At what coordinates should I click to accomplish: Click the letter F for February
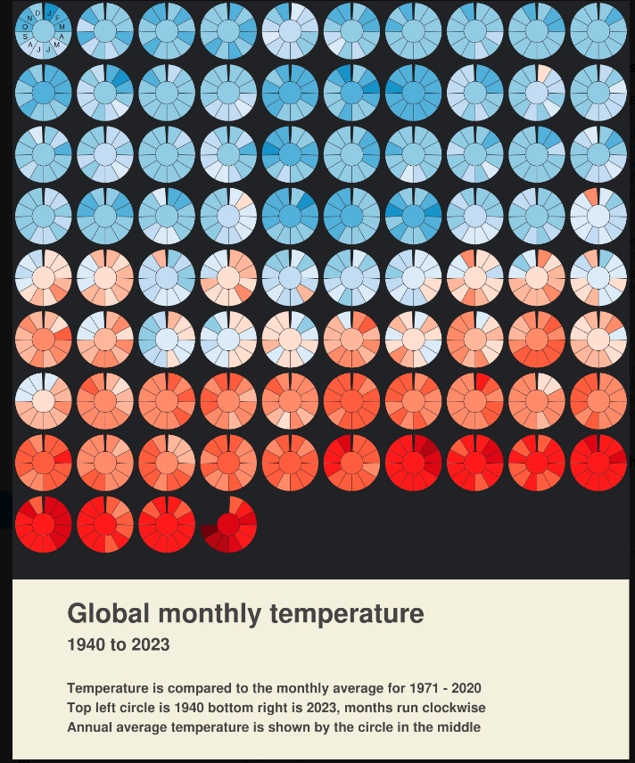coord(57,17)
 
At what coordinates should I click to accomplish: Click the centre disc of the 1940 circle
coord(43,30)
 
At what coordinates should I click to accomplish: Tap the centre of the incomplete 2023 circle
coord(228,524)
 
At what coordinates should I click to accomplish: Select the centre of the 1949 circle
coord(598,30)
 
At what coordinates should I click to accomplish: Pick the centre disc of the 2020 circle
coord(43,524)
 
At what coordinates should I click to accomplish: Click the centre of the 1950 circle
coord(43,92)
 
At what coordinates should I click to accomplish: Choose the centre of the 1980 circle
coord(43,277)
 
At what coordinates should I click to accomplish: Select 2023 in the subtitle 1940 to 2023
coord(149,645)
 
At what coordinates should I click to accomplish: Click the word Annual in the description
coord(92,727)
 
